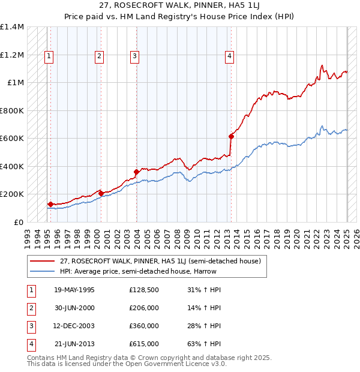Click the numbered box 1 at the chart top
[x=48, y=57]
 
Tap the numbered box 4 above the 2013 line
[x=230, y=57]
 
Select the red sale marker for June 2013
[x=231, y=136]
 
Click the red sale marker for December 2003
[x=137, y=172]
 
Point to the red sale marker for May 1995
[x=50, y=204]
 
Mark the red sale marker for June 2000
[x=101, y=193]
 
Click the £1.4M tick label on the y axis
[x=12, y=27]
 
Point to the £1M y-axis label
[x=16, y=83]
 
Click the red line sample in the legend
[x=43, y=262]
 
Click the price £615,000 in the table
[x=144, y=344]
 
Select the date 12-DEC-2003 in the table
[x=74, y=326]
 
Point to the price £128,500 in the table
[x=144, y=290]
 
